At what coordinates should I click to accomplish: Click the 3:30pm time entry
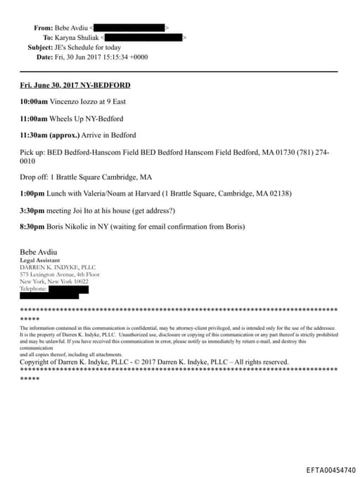click(x=32, y=210)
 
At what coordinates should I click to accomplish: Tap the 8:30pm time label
click(x=32, y=226)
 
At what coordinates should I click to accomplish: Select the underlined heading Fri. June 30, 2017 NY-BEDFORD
click(x=75, y=85)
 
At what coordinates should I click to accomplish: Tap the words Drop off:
click(x=34, y=177)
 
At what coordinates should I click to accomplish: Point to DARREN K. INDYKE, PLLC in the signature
click(x=58, y=267)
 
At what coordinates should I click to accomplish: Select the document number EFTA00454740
click(x=330, y=469)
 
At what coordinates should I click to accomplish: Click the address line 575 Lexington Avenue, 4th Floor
click(x=64, y=274)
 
